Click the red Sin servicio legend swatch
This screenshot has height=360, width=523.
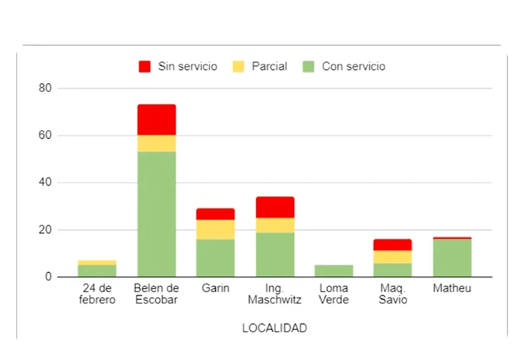[144, 67]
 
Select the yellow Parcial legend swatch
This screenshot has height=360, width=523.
[238, 67]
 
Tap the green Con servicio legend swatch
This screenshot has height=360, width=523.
[309, 67]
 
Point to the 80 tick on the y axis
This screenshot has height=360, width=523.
[44, 88]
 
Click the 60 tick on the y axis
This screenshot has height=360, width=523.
[44, 136]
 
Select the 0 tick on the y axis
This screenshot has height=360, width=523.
[47, 277]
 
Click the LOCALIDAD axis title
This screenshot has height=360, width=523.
[275, 329]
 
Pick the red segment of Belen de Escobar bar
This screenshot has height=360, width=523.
[156, 120]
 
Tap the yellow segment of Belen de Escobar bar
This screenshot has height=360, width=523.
[156, 144]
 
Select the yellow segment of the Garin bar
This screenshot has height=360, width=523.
[215, 229]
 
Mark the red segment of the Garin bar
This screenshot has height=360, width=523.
[215, 214]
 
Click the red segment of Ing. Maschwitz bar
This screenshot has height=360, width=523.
[275, 207]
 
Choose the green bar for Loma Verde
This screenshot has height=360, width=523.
[333, 270]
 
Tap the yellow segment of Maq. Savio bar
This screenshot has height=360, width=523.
[392, 257]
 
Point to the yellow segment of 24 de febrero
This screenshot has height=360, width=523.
[97, 263]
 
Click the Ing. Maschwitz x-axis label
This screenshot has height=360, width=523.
[275, 294]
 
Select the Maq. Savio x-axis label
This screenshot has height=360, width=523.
[392, 294]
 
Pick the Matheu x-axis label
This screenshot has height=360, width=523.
[452, 288]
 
